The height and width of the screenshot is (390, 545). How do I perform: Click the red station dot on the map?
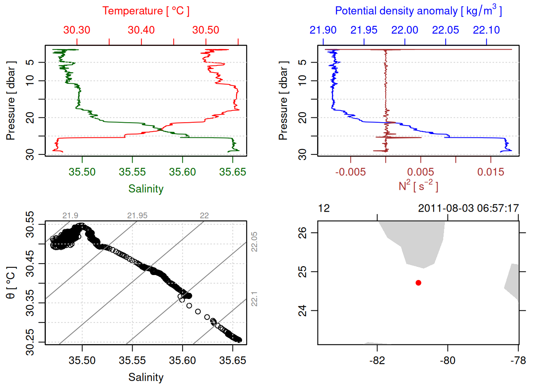418,283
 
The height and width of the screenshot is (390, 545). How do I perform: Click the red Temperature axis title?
146,11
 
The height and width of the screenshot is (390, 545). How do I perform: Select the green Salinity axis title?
146,189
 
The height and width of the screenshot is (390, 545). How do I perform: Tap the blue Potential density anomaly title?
418,11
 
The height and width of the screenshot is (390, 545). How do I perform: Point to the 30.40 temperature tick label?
141,30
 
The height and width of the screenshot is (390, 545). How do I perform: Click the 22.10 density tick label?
486,30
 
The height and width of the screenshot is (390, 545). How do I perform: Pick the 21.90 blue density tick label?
323,30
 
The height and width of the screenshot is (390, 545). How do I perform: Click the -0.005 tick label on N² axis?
350,172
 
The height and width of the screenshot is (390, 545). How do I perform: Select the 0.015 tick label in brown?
491,172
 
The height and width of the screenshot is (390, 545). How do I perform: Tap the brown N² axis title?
418,186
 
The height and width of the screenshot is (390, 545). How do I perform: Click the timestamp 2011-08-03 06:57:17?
468,208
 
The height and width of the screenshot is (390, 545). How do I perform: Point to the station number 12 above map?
324,208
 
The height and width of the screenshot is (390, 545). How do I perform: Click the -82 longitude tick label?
377,360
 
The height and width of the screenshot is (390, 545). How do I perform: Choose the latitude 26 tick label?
303,233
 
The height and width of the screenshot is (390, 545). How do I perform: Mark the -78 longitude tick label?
518,360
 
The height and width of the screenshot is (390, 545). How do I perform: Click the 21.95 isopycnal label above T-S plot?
137,216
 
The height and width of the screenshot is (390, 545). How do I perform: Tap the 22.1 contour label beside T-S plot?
254,299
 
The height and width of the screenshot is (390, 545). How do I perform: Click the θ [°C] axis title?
11,283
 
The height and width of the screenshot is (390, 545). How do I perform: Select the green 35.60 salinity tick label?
182,172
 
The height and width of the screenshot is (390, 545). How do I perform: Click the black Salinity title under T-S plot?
146,377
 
